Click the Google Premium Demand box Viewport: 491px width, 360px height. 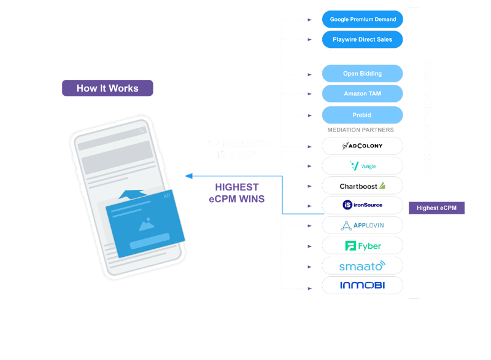[362, 19]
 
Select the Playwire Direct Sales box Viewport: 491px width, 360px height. [362, 39]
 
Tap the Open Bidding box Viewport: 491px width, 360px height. [362, 74]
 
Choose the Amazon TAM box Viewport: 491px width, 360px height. [362, 94]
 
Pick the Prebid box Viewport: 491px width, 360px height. [362, 115]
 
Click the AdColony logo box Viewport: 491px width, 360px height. [362, 146]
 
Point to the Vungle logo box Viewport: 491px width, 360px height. [362, 166]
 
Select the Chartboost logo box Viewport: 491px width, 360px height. [362, 186]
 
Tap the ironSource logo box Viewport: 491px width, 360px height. [362, 205]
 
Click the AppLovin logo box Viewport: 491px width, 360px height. [362, 225]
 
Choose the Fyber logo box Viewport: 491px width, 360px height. [362, 246]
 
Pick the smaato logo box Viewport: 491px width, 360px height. [362, 265]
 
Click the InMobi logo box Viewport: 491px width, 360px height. [362, 285]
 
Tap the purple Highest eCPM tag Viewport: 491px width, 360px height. [436, 208]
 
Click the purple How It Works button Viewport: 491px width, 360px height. [107, 88]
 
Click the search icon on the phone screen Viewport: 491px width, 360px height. [142, 131]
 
